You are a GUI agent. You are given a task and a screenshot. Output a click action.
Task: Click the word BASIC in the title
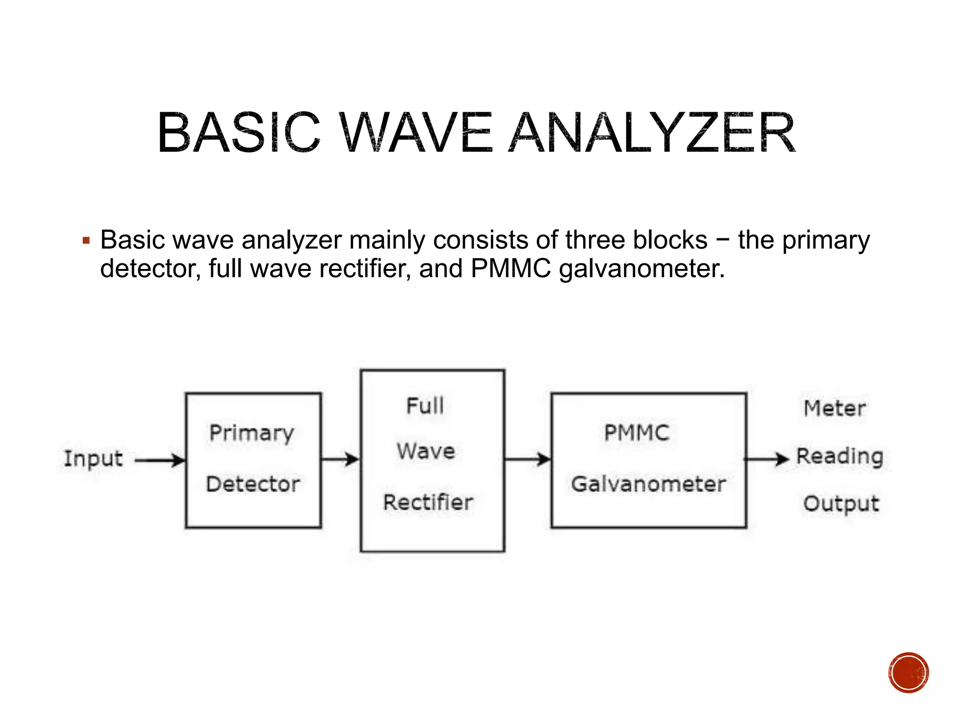pyautogui.click(x=239, y=134)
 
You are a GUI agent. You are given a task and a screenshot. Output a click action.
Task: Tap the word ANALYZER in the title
pyautogui.click(x=652, y=134)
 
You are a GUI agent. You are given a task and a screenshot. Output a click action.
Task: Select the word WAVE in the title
pyautogui.click(x=415, y=134)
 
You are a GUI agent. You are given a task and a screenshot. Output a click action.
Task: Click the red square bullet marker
pyautogui.click(x=86, y=241)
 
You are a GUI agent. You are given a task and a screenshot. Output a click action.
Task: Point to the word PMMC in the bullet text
pyautogui.click(x=510, y=269)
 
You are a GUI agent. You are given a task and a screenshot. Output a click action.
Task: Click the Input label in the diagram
pyautogui.click(x=93, y=459)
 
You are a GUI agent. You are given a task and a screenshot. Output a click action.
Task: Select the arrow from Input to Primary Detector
pyautogui.click(x=160, y=460)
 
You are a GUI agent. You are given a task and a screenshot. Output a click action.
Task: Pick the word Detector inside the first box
pyautogui.click(x=253, y=484)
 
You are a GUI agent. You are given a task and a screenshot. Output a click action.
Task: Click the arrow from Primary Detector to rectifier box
pyautogui.click(x=340, y=459)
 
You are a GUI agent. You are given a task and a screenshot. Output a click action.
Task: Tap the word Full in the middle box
pyautogui.click(x=425, y=406)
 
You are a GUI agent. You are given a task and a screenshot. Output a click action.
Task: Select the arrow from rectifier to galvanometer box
pyautogui.click(x=528, y=459)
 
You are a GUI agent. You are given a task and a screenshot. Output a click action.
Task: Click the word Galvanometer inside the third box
pyautogui.click(x=648, y=484)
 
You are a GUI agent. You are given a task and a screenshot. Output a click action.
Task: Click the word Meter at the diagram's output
pyautogui.click(x=835, y=409)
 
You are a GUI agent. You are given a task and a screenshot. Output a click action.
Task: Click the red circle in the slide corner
pyautogui.click(x=908, y=673)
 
